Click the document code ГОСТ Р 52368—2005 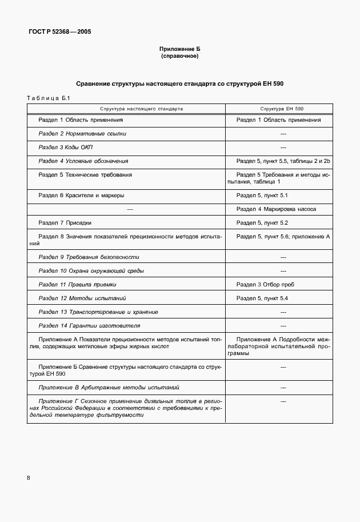59,32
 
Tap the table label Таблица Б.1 48,98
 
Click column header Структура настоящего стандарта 126,107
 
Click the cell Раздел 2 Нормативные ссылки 82,133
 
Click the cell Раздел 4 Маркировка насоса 276,209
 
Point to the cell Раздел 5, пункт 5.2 262,222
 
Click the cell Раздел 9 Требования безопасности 89,257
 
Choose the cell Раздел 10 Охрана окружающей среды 91,270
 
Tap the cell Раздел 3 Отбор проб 265,284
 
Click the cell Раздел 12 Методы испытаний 82,298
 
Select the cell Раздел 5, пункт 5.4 262,298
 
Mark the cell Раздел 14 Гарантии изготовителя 89,325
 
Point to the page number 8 29,477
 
